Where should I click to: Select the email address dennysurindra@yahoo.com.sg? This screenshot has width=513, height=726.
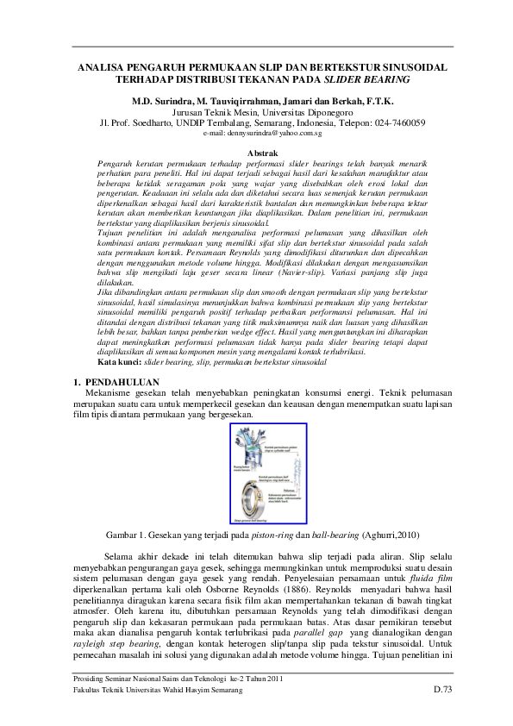256,135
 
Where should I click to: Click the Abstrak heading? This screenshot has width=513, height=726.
256,152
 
